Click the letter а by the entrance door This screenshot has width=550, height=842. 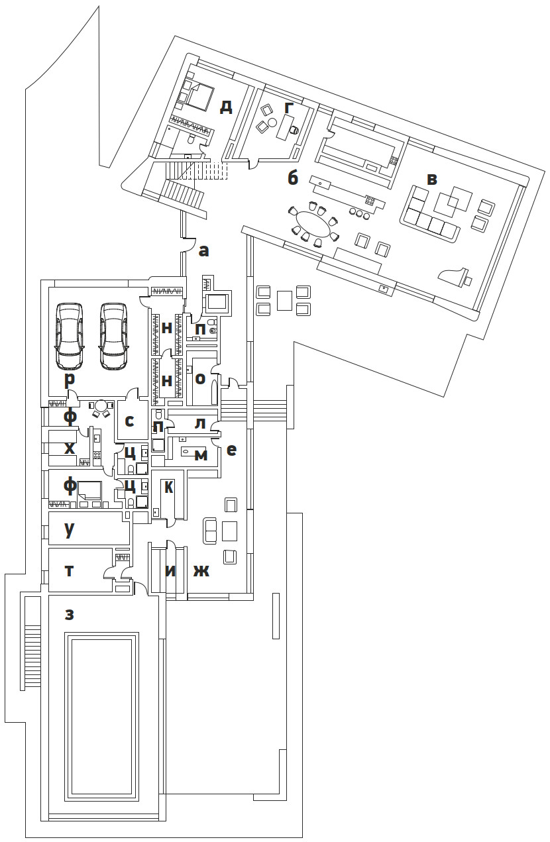[x=203, y=250]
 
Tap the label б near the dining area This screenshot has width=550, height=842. [x=293, y=178]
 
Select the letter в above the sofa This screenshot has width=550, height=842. [x=432, y=180]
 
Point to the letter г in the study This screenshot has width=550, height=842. [x=288, y=108]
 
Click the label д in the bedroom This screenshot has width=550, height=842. [x=226, y=107]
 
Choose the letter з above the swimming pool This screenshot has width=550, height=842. [x=69, y=615]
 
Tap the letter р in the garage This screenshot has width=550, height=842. [x=70, y=380]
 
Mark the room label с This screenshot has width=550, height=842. [x=129, y=421]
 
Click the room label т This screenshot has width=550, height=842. [x=69, y=571]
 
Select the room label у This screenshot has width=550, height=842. [x=69, y=529]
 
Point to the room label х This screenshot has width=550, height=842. [x=70, y=448]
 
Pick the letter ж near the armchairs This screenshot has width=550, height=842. [x=201, y=571]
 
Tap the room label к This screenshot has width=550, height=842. [x=169, y=488]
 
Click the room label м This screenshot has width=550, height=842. [x=201, y=456]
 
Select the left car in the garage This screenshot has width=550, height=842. [x=70, y=336]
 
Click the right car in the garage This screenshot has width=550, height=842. [x=114, y=336]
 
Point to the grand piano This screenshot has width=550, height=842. [x=456, y=277]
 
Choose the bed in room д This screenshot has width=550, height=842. [x=200, y=96]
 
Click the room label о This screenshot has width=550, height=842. [x=200, y=378]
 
